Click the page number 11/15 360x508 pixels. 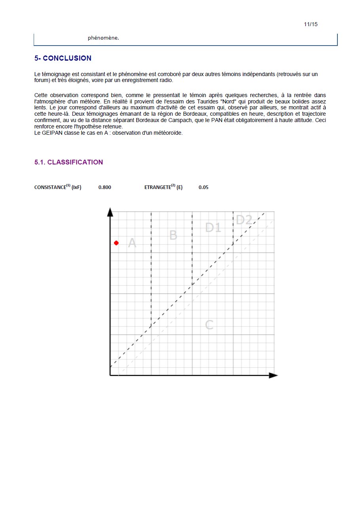pos(311,25)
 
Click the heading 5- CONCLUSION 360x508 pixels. pos(63,58)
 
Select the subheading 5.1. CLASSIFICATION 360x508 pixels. pos(69,162)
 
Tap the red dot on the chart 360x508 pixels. pos(116,243)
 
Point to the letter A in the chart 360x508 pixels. pos(132,243)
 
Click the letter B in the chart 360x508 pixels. pos(173,235)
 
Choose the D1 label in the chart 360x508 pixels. pos(213,227)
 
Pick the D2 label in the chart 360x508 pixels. pos(244,220)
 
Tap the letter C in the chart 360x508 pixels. pos(210,325)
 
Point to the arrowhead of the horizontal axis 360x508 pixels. pos(273,375)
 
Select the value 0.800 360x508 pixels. pos(105,187)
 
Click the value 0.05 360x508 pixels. pos(204,187)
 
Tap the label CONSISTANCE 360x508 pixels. pos(50,187)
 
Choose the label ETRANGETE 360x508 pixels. pos(158,187)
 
